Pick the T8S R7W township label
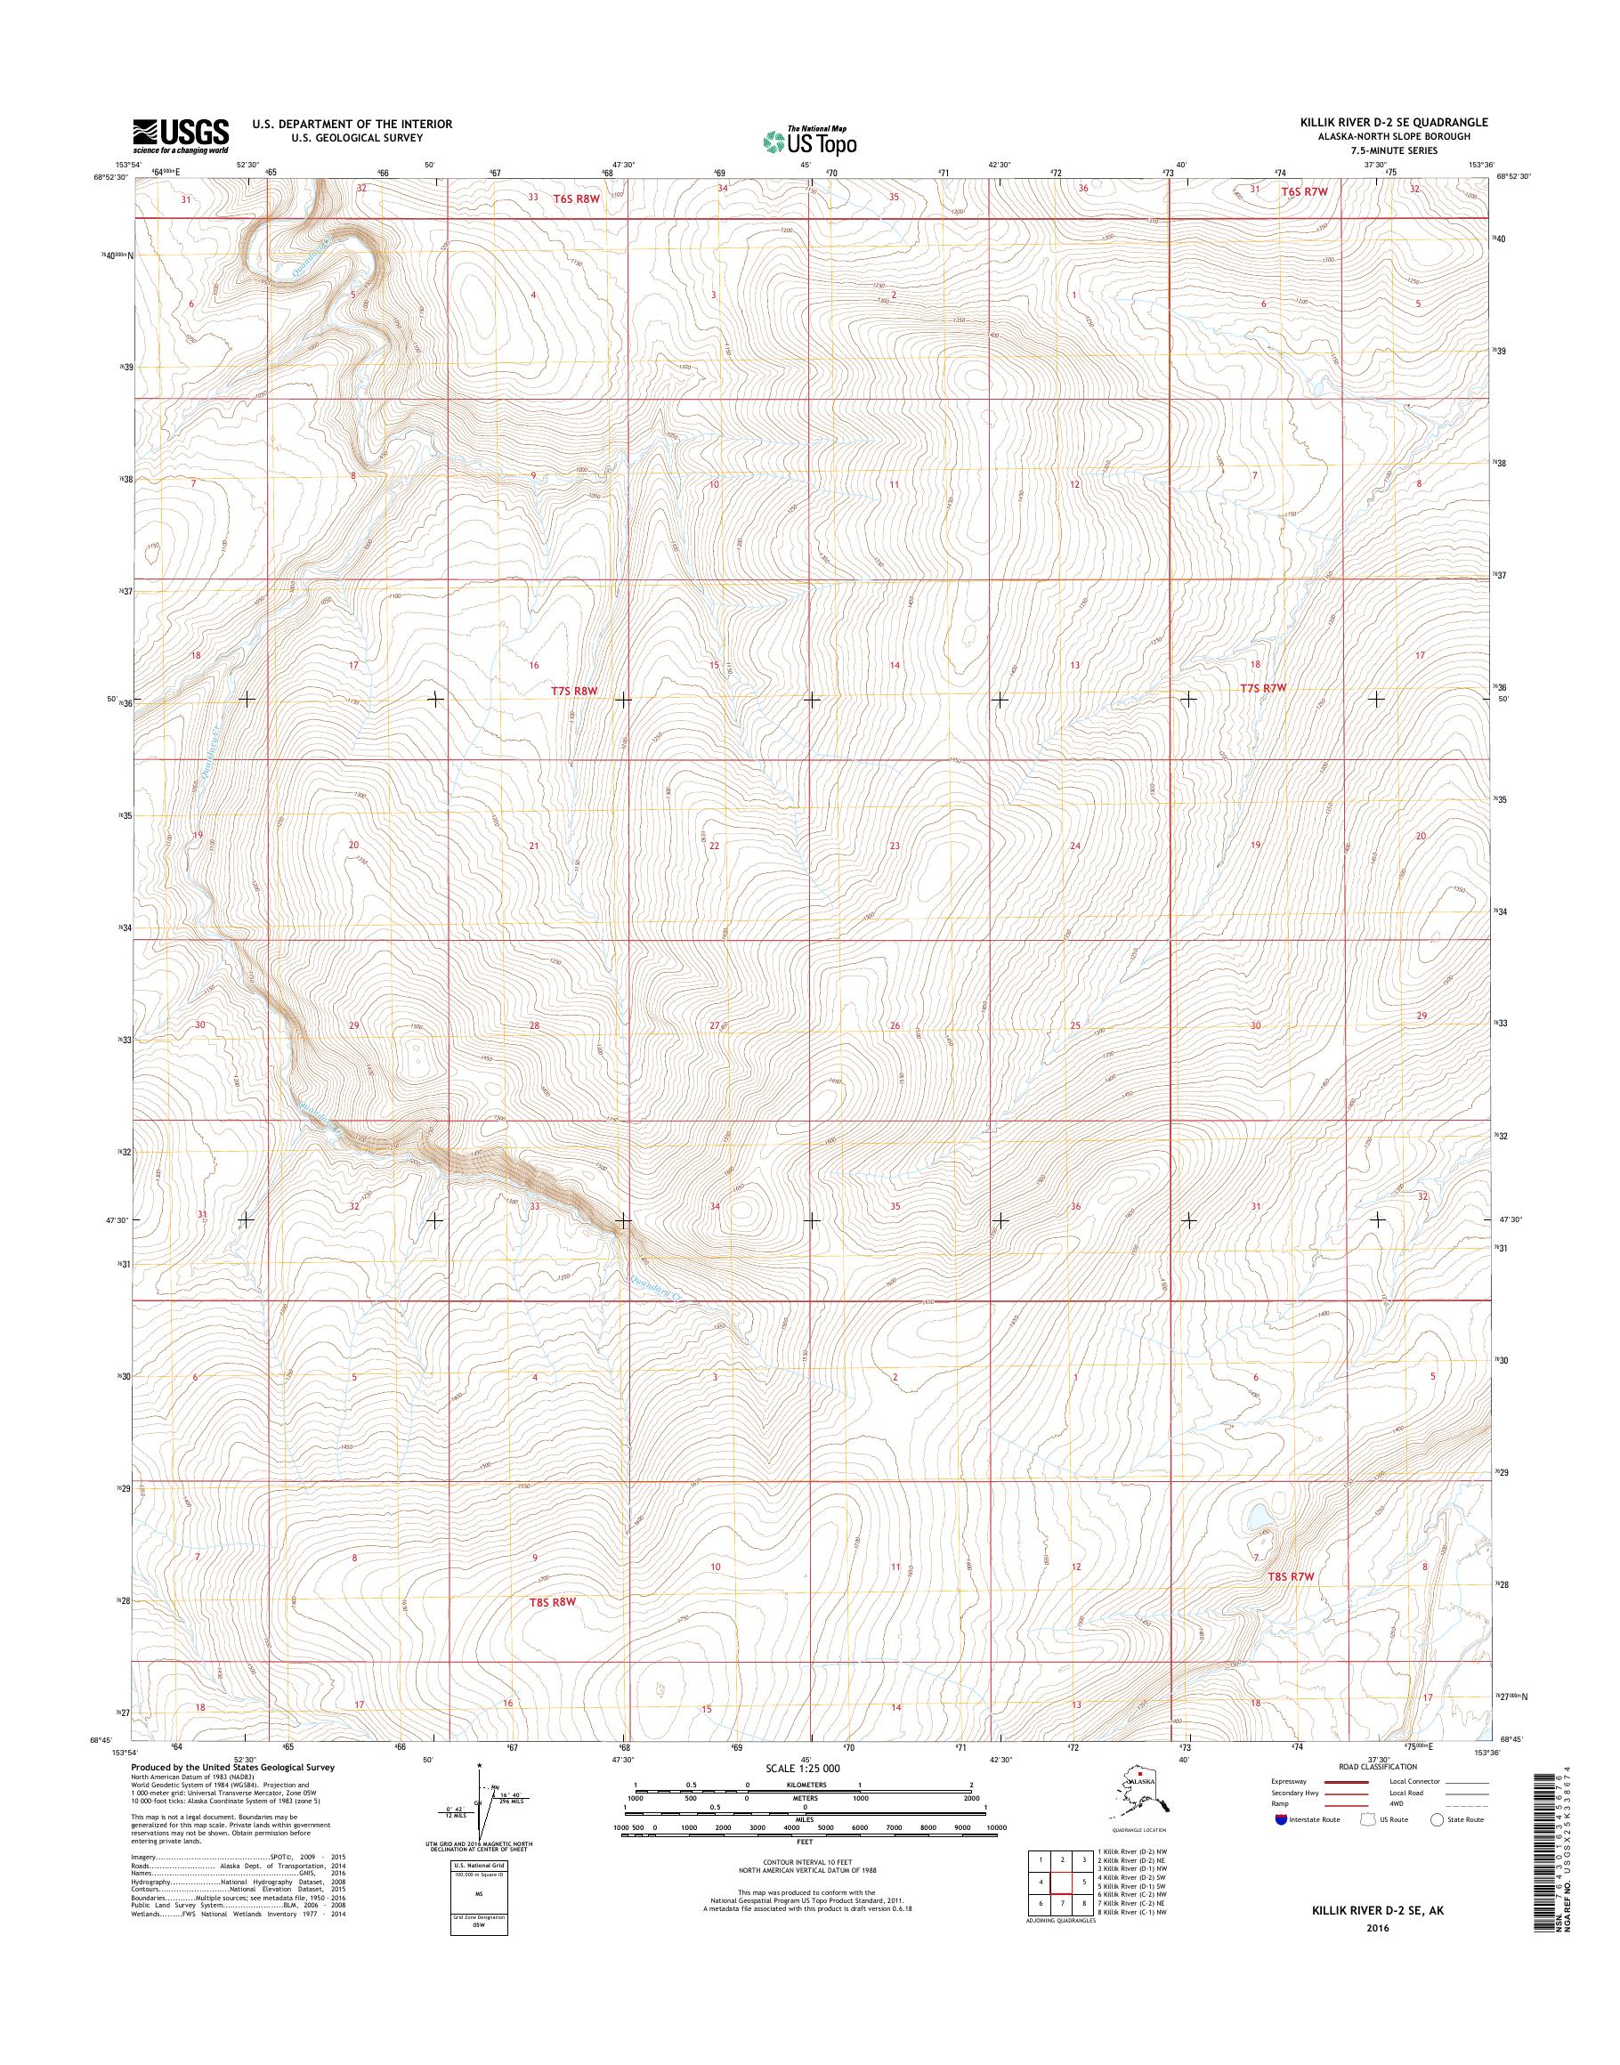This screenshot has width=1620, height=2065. pos(1292,1575)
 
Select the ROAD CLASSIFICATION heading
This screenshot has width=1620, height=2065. pos(1377,1766)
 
